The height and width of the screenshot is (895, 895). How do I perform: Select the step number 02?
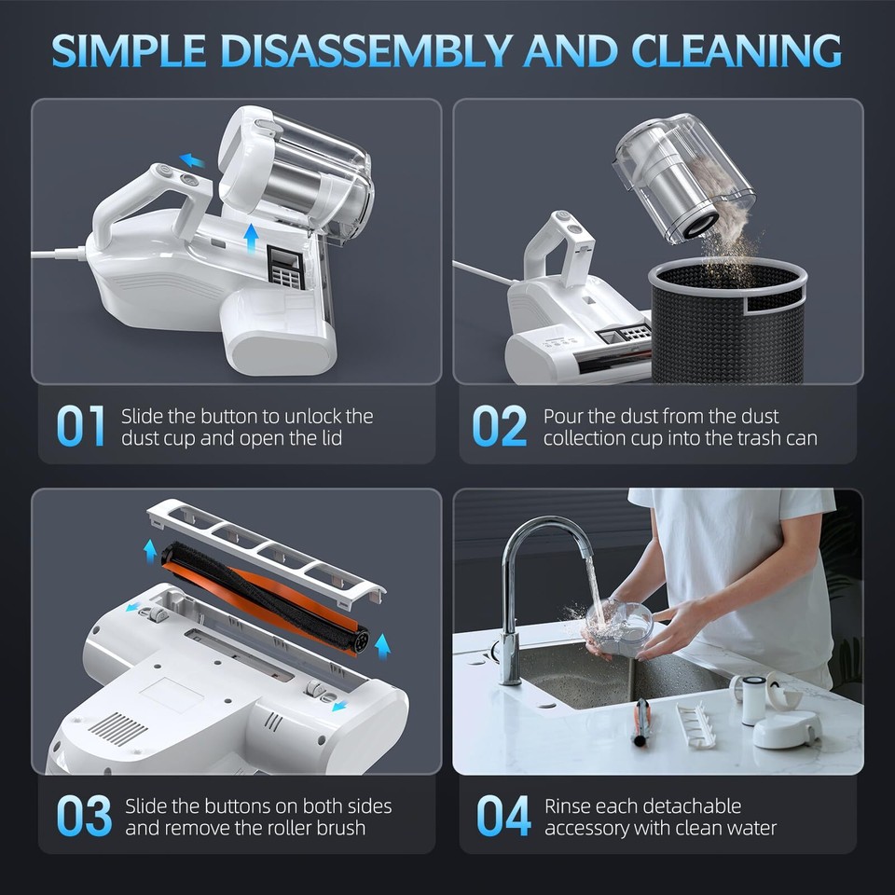500,426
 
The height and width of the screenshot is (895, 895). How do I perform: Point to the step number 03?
83,816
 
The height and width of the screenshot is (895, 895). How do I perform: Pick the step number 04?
503,816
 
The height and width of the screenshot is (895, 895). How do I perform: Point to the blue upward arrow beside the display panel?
250,239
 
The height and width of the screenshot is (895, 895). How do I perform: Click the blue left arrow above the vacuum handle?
192,160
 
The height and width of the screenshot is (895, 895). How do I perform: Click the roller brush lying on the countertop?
641,723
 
